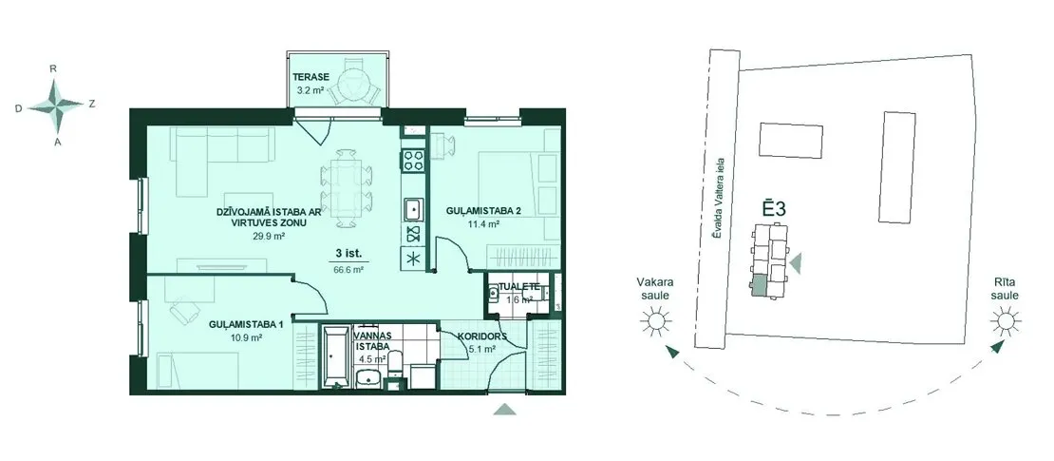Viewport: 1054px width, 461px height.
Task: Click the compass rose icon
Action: click(57, 105)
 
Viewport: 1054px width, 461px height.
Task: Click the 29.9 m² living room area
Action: click(263, 237)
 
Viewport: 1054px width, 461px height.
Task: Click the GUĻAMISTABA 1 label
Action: click(245, 324)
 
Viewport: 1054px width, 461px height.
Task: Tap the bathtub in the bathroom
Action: click(334, 358)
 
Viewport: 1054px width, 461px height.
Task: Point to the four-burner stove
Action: click(412, 160)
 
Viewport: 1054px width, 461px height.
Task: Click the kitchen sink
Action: click(413, 209)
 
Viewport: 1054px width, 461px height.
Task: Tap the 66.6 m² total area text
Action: click(349, 269)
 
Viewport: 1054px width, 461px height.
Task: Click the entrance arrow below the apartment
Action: click(505, 409)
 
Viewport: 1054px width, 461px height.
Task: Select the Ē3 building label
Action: click(774, 208)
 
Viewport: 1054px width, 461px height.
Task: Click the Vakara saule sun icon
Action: click(656, 321)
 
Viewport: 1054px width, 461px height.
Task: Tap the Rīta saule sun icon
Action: click(1005, 321)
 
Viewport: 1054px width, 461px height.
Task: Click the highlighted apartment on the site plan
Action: click(759, 286)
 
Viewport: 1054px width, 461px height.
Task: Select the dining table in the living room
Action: click(347, 188)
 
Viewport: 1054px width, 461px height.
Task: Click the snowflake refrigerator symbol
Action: click(413, 259)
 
